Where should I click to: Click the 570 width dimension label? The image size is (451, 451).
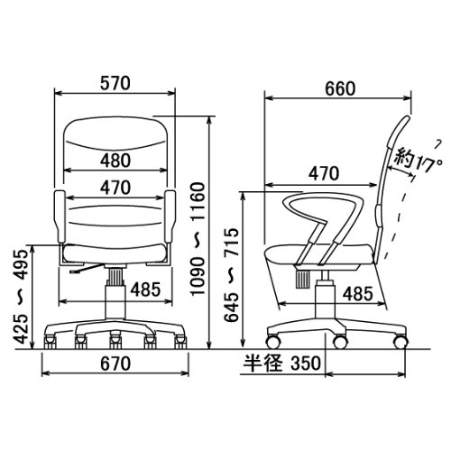[115, 83]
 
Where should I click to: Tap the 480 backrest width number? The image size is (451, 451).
[115, 161]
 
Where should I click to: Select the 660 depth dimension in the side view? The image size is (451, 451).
[340, 88]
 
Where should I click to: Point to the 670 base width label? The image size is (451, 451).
[115, 364]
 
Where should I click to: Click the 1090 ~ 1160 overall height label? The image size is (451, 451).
[198, 239]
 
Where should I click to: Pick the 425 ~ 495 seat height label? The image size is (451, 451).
[22, 297]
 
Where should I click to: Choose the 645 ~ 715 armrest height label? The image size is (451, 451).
[232, 275]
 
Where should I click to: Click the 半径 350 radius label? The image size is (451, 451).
[282, 364]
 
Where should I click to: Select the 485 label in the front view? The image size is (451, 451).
[145, 290]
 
